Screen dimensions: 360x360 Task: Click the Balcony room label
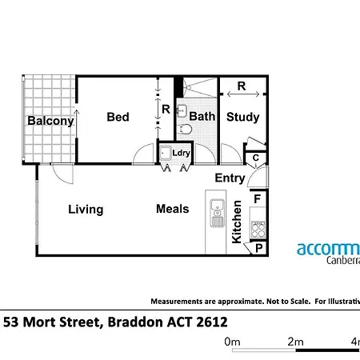(x=50, y=121)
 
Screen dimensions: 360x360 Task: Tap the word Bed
(x=118, y=117)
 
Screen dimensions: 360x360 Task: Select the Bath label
(x=202, y=116)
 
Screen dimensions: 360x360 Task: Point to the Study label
(x=242, y=118)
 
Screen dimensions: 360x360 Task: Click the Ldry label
(x=181, y=153)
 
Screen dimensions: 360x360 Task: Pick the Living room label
(x=86, y=210)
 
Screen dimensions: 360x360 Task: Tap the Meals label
(x=173, y=209)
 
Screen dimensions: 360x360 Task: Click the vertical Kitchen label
(x=237, y=222)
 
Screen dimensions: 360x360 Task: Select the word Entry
(x=230, y=178)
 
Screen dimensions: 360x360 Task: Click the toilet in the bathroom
(x=186, y=130)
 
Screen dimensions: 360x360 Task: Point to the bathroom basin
(x=182, y=110)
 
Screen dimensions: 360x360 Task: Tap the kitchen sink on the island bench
(x=218, y=213)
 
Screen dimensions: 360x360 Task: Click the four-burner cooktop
(x=258, y=230)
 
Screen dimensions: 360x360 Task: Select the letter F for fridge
(x=258, y=199)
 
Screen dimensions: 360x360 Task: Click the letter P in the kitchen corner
(x=259, y=248)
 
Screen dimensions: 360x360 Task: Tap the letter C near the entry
(x=256, y=158)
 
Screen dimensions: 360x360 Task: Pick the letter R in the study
(x=242, y=86)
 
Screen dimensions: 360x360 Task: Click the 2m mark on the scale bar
(x=295, y=342)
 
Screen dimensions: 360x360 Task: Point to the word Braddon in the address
(x=135, y=322)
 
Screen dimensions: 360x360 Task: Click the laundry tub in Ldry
(x=166, y=153)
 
